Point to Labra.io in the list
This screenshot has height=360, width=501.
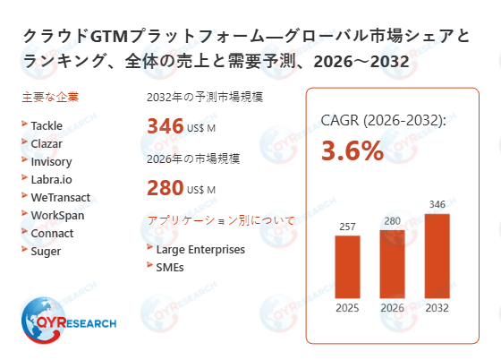tap(51, 179)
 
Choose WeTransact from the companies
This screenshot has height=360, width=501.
tap(60, 197)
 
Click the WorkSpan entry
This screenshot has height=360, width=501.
tap(56, 215)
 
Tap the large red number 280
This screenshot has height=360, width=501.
tap(165, 189)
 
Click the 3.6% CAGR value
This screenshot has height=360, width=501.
tap(352, 150)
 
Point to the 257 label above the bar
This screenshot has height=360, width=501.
tap(347, 226)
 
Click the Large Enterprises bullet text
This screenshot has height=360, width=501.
tap(200, 249)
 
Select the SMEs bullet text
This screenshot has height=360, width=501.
tap(171, 266)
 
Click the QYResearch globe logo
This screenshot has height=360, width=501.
tap(42, 315)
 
